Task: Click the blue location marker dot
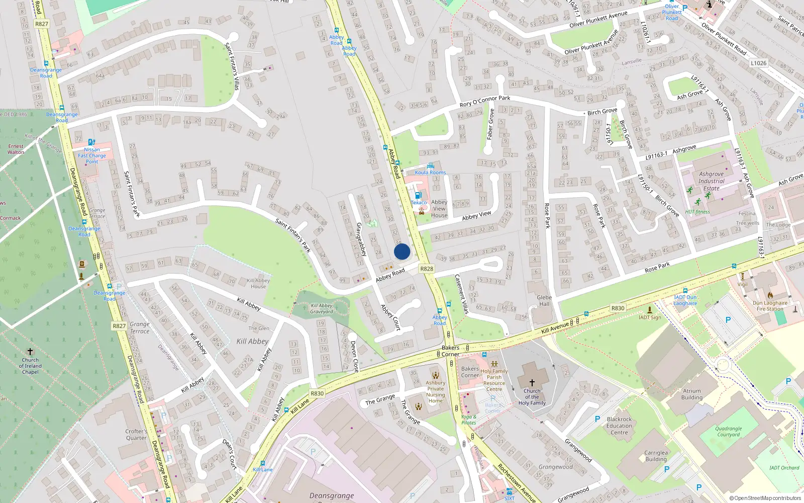coord(402,251)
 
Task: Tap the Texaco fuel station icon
coord(418,196)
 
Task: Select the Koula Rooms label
coord(430,172)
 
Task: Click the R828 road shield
coord(427,269)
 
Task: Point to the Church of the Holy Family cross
coord(532,383)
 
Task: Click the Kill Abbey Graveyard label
coord(322,308)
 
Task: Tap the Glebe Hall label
coord(544,300)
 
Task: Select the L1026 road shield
coord(759,63)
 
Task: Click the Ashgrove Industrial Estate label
coord(712,181)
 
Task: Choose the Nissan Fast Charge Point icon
coord(91,142)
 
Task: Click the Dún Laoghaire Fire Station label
coord(770,306)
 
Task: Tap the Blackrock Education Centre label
coord(619,426)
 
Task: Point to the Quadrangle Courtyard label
coord(729,432)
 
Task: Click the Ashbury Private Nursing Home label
coord(435,391)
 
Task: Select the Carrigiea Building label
coord(656,456)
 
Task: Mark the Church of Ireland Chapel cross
coord(30,351)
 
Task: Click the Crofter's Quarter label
coord(136,435)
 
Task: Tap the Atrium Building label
coord(692,394)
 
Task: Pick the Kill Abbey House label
coord(258,283)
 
